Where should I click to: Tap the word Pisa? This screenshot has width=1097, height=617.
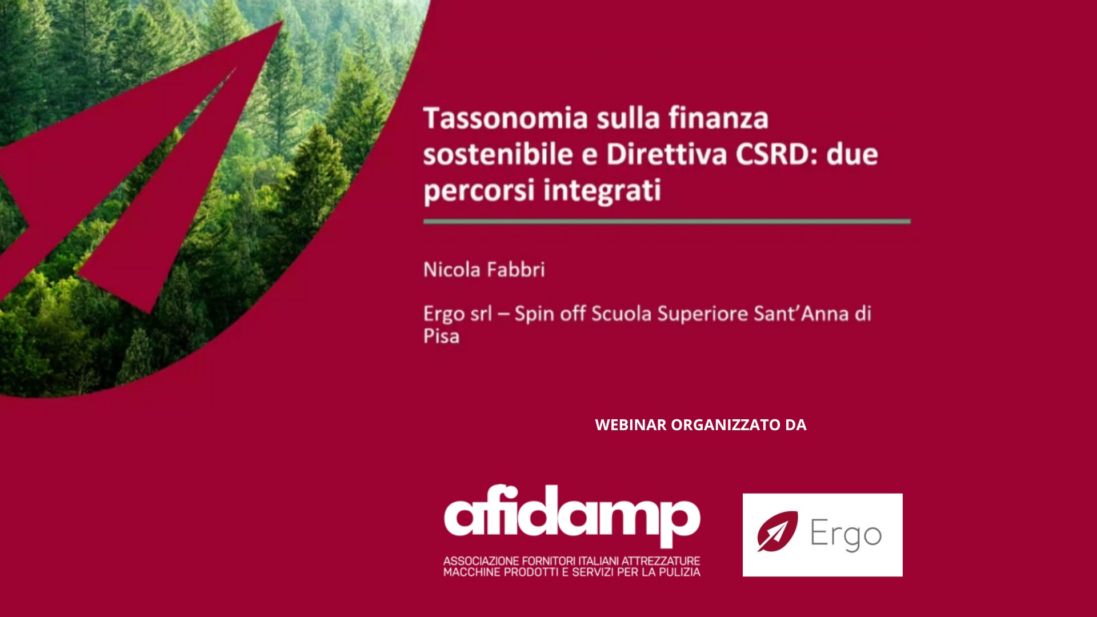(x=441, y=336)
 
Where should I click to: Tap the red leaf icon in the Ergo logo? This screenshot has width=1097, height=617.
(x=777, y=531)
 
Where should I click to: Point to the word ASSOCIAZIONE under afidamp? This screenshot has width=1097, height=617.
(x=481, y=561)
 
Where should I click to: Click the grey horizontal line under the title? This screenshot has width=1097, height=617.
(x=667, y=221)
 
